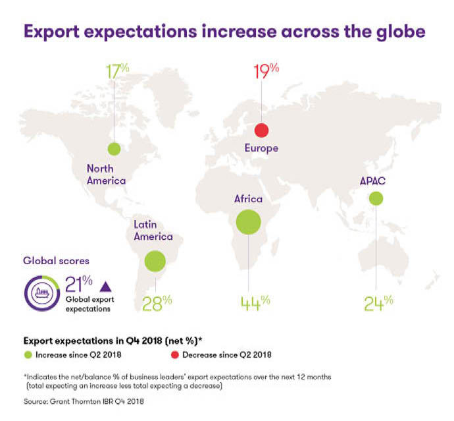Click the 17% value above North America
(116, 71)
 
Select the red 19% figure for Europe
(265, 71)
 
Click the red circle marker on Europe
(261, 130)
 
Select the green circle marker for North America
(114, 149)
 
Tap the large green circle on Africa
(248, 221)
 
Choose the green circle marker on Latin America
(155, 261)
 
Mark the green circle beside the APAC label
(376, 198)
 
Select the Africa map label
(248, 198)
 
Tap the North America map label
(106, 174)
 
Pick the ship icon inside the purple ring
(43, 293)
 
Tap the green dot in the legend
(27, 354)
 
